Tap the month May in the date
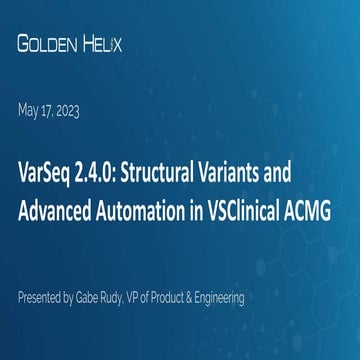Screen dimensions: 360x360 coord(28,111)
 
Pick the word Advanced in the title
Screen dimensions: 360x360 coord(54,212)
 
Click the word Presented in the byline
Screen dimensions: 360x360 coord(42,298)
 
